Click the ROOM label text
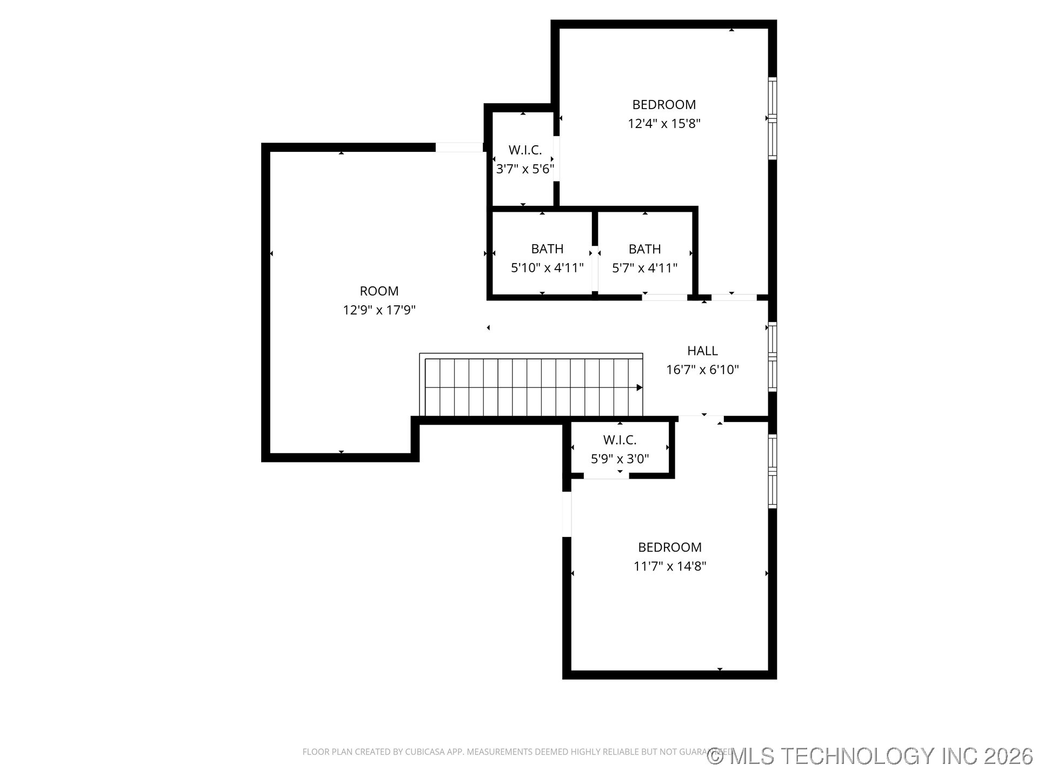(x=379, y=291)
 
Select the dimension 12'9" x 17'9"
(x=379, y=310)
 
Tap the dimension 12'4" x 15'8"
(x=664, y=124)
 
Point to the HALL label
(x=702, y=351)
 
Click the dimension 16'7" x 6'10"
(x=702, y=370)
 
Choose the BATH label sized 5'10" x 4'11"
(x=547, y=249)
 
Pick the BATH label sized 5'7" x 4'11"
(x=644, y=249)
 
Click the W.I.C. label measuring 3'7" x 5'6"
(x=524, y=150)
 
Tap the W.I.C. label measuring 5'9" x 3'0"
(x=620, y=440)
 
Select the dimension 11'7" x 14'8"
(x=670, y=566)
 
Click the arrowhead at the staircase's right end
(x=640, y=387)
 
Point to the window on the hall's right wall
(x=773, y=357)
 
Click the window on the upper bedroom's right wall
(x=773, y=118)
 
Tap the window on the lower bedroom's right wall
(x=773, y=471)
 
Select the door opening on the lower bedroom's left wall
(x=567, y=514)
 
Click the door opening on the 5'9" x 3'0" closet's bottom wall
(x=606, y=475)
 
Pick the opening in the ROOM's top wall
(x=459, y=147)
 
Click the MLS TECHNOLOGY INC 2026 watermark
(x=870, y=756)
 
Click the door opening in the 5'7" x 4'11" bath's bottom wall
(x=664, y=297)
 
